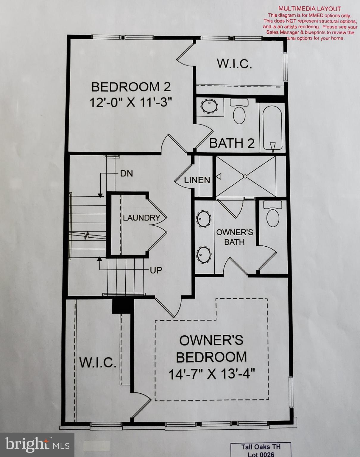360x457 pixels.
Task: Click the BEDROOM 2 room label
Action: click(x=131, y=87)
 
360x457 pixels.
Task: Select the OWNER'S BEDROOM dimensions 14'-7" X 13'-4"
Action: click(x=212, y=374)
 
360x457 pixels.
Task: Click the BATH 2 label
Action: click(x=232, y=143)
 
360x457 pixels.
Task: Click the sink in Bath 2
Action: click(x=209, y=106)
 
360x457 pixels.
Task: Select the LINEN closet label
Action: click(x=197, y=180)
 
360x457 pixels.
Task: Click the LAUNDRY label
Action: click(x=141, y=218)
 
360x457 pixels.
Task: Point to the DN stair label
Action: click(x=126, y=173)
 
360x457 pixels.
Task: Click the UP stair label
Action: click(x=156, y=270)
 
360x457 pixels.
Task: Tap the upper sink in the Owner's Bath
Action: click(x=204, y=219)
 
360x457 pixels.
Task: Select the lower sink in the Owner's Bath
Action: click(x=204, y=255)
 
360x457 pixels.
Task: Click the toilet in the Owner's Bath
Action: click(x=273, y=215)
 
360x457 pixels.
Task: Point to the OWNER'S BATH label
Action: click(x=234, y=237)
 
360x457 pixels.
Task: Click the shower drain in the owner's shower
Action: click(x=245, y=176)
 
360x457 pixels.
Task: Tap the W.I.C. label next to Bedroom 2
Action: click(x=234, y=64)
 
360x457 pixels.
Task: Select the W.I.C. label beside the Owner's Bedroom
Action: click(x=98, y=362)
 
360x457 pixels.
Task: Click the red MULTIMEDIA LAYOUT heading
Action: click(x=310, y=9)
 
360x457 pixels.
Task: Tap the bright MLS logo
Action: click(x=37, y=445)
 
